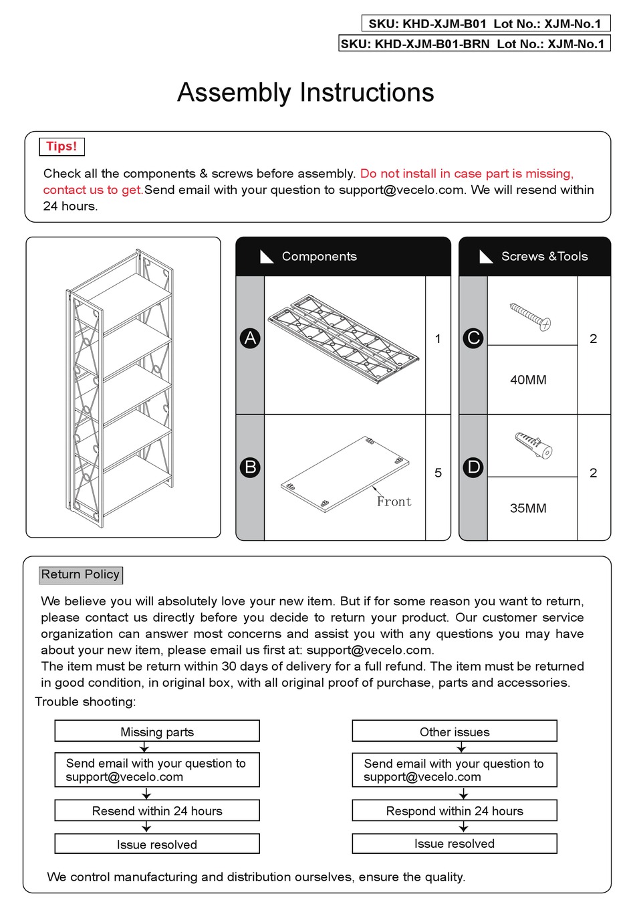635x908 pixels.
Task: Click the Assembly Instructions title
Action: coord(305,93)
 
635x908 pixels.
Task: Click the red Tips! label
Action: coord(61,146)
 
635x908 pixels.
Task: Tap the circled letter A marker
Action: coord(250,338)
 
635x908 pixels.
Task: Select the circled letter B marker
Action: coord(250,467)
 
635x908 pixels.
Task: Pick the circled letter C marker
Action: coord(473,338)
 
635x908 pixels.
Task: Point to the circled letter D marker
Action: coord(473,467)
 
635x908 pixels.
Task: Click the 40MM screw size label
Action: coord(528,380)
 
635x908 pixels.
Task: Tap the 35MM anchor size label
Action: coord(528,508)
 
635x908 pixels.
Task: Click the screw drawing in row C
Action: coord(531,317)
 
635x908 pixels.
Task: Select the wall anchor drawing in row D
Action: coord(533,445)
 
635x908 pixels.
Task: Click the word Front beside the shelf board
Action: coord(394,501)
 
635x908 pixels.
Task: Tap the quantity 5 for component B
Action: coord(438,473)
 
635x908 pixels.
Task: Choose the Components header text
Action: coord(319,257)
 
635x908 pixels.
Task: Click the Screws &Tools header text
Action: coord(544,257)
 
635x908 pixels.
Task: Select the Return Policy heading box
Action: coord(81,574)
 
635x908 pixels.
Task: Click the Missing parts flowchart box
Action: coord(157,731)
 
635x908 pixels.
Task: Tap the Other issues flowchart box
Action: coord(455,731)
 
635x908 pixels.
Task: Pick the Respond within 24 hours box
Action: coord(455,811)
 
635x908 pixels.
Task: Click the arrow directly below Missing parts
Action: coord(144,748)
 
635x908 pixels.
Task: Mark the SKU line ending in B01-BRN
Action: coord(475,44)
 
